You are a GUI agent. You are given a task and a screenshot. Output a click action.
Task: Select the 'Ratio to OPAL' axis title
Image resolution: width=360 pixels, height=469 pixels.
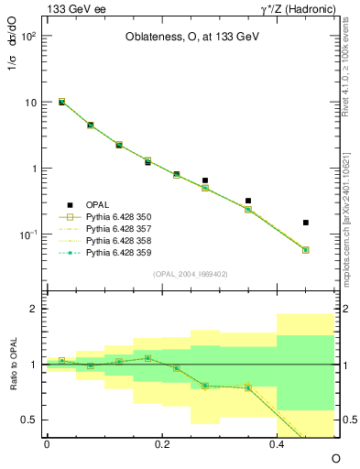[16, 365]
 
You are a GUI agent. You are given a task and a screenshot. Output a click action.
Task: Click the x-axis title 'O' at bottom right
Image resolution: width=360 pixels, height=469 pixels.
[335, 456]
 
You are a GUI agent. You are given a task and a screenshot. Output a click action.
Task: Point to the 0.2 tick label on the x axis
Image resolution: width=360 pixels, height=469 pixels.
[162, 443]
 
